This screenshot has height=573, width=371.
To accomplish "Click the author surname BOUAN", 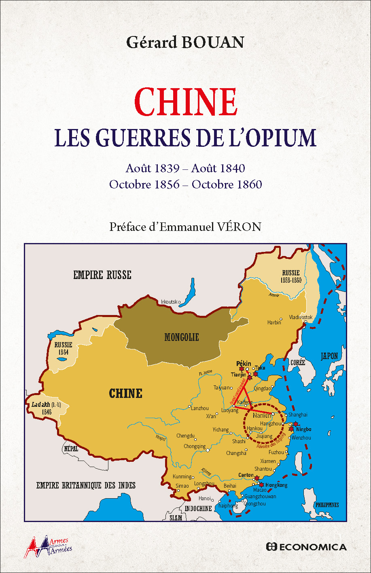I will point(213,42).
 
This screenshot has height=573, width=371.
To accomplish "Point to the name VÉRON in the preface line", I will point(240,227).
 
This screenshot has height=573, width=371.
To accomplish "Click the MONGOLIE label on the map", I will point(182,337).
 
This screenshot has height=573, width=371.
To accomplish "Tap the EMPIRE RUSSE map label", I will point(102,275).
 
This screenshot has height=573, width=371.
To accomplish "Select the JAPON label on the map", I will point(329,356).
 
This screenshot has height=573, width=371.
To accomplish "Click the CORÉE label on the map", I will point(297,363).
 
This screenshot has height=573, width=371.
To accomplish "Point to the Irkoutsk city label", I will point(171,302).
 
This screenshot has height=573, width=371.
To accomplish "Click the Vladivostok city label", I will point(301,317).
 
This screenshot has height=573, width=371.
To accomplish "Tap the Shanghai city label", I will point(298,414).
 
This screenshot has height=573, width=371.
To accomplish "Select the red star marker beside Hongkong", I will point(261,484).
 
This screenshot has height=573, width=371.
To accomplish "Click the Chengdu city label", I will point(185,436).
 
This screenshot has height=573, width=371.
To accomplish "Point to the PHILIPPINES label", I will point(327,505).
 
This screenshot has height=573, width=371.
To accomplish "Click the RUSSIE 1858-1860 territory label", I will point(291,276).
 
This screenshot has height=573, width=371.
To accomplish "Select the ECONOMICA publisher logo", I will point(306,547).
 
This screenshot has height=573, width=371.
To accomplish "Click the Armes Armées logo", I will point(49,547).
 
